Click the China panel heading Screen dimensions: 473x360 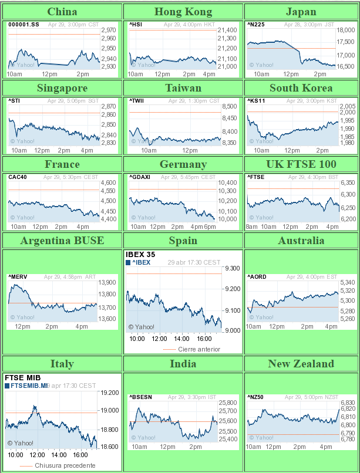[62, 12]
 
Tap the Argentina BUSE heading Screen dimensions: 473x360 [62, 240]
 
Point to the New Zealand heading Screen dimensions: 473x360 [301, 363]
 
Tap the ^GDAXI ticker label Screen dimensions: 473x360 [139, 177]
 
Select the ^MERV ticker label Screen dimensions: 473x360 [17, 277]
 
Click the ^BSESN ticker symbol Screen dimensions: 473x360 [140, 397]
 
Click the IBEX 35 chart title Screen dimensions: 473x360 [142, 255]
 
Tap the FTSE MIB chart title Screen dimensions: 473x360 [22, 378]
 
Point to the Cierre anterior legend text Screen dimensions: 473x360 [199, 349]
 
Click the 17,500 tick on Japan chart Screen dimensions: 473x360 [346, 41]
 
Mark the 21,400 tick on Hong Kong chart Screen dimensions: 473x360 [227, 30]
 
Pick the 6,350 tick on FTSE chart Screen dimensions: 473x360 [348, 183]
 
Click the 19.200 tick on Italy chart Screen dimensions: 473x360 [110, 393]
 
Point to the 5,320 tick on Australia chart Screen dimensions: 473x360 [348, 290]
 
